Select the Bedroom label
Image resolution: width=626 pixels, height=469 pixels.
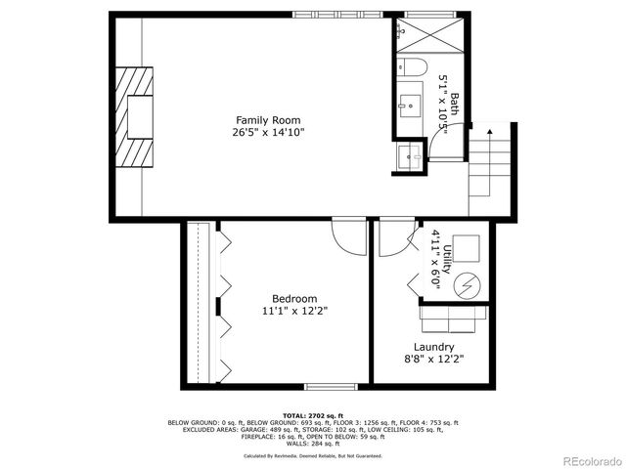294,299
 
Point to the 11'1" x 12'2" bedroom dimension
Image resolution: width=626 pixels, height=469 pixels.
294,312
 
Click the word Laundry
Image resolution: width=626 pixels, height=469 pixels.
433,347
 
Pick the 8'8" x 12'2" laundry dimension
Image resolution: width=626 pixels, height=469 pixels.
433,360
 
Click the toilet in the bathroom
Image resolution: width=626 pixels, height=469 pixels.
410,68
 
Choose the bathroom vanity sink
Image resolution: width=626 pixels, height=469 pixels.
409,101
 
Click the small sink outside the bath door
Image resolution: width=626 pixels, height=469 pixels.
407,154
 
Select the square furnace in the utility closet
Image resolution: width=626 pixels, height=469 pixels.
465,249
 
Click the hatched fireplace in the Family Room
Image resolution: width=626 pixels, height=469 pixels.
135,117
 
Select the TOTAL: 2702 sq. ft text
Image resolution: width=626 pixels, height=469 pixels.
313,415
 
